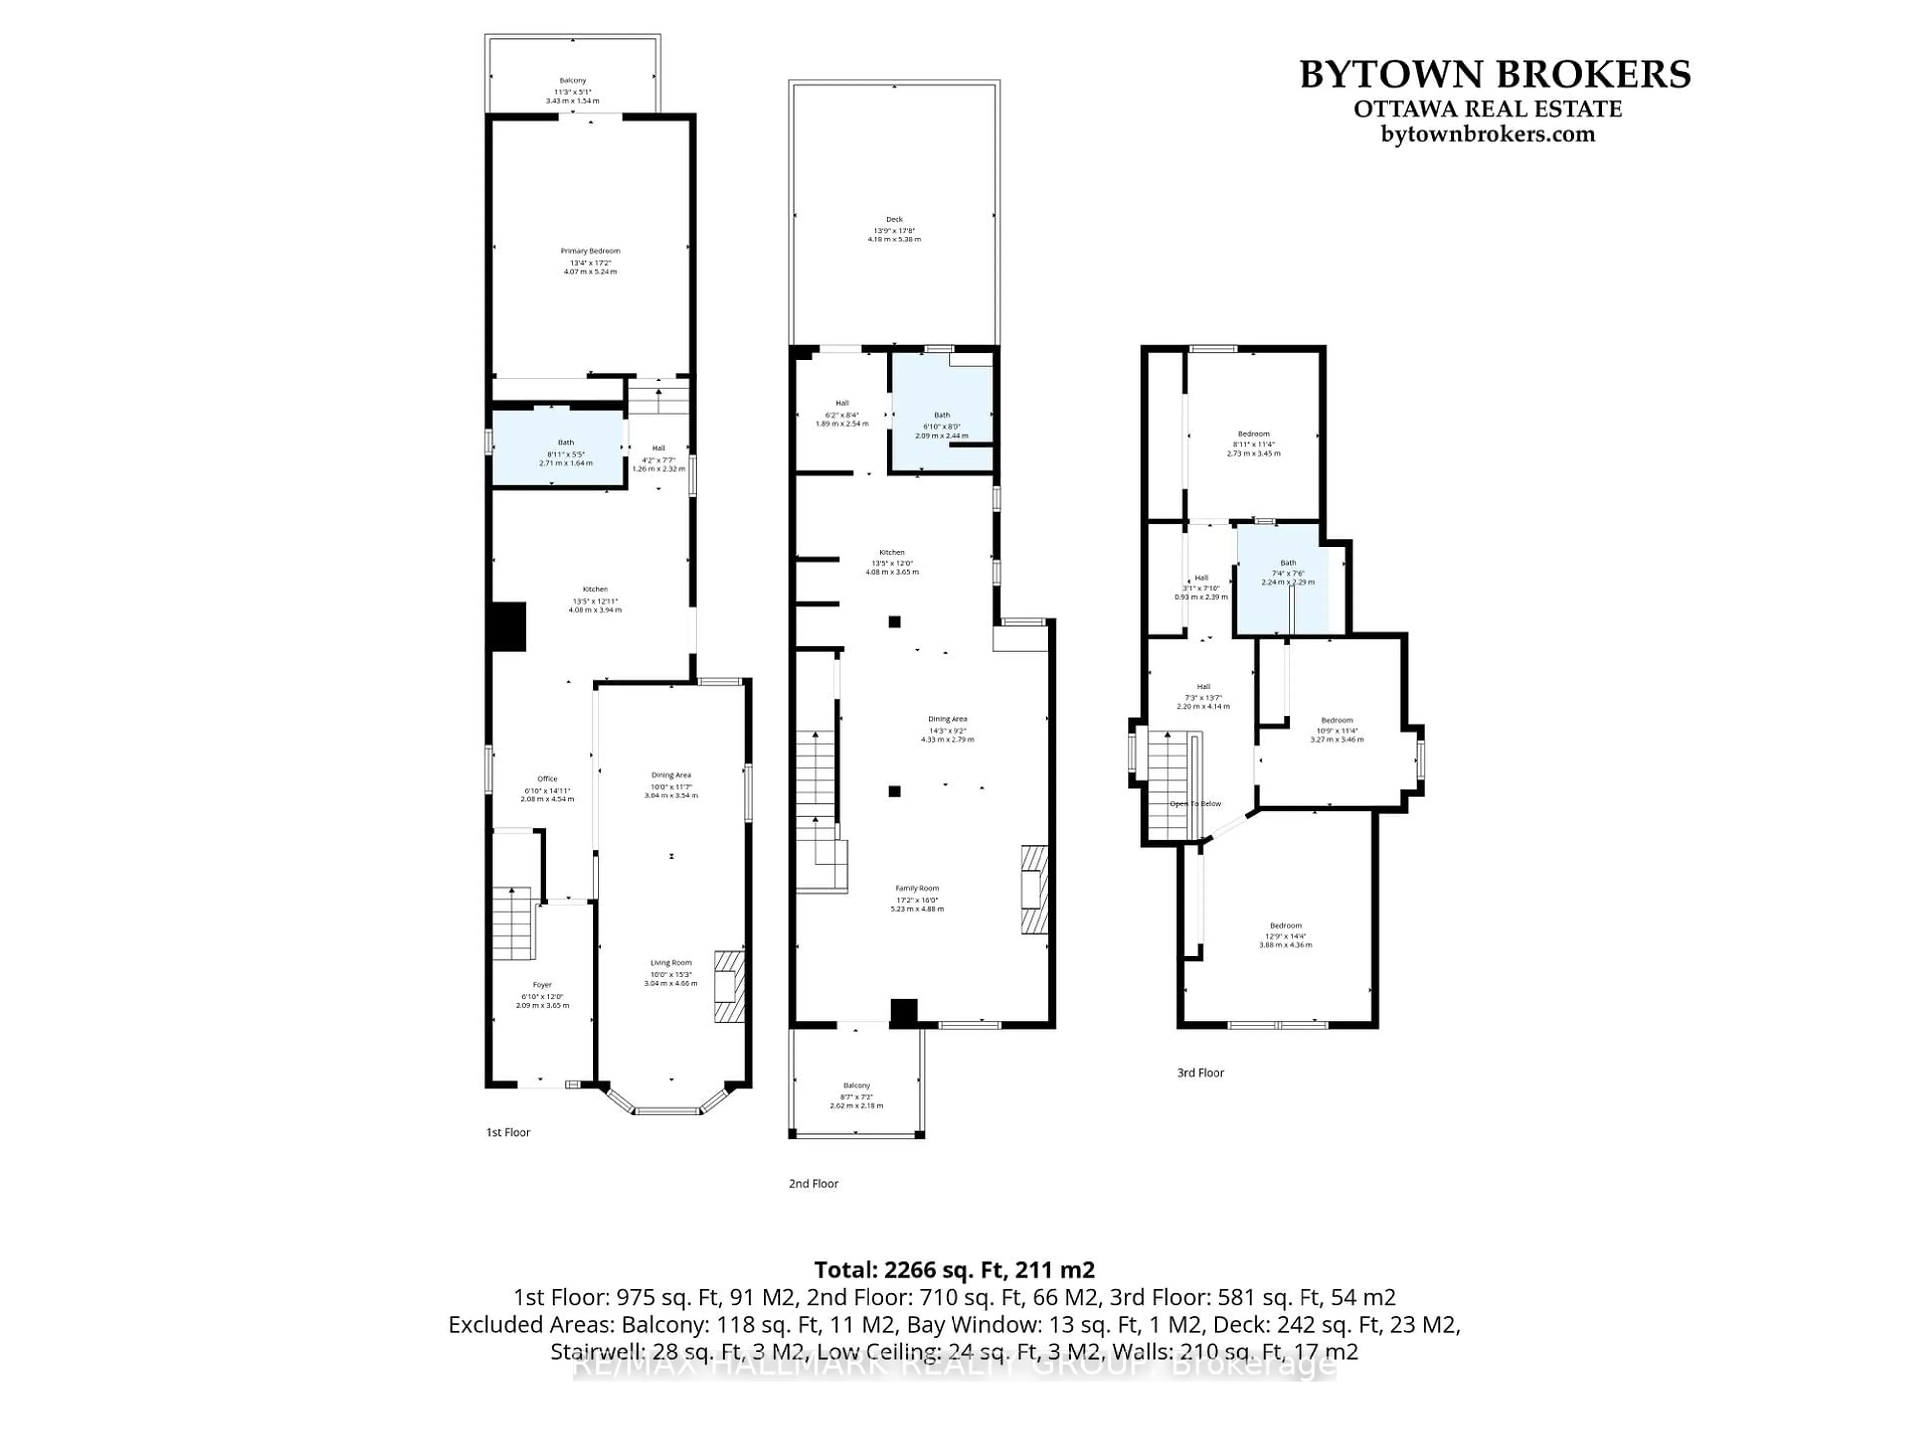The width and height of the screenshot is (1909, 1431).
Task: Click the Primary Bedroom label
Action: (590, 251)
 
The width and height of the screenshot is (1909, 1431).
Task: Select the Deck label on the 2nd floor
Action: (894, 219)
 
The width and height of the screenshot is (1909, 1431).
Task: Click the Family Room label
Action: (917, 888)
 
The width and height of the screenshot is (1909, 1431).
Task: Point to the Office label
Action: (547, 779)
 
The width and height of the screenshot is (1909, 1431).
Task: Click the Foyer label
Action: (542, 985)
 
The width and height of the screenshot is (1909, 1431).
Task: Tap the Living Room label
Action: (671, 963)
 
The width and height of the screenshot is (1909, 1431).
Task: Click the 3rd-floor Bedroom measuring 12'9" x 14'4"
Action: (1285, 926)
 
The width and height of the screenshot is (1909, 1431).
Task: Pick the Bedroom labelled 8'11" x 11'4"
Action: (1253, 434)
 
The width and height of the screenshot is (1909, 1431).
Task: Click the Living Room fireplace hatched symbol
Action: (729, 987)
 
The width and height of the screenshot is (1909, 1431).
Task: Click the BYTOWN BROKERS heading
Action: (1495, 75)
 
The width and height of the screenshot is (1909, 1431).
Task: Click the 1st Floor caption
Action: (508, 1132)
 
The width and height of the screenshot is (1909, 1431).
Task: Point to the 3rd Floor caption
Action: (1201, 1073)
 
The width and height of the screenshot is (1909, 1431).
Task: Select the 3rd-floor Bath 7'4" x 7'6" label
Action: (1288, 563)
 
